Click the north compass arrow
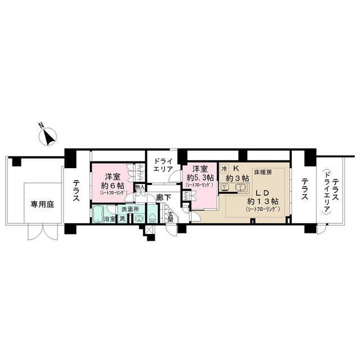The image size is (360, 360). click(49, 136)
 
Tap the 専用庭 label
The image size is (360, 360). click(42, 205)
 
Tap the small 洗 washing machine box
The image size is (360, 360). click(122, 218)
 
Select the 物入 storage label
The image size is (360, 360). click(141, 187)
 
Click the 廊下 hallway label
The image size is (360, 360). click(163, 198)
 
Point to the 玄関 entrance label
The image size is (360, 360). click(170, 217)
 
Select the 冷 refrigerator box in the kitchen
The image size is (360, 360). click(224, 168)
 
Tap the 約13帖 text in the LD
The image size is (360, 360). click(259, 201)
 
